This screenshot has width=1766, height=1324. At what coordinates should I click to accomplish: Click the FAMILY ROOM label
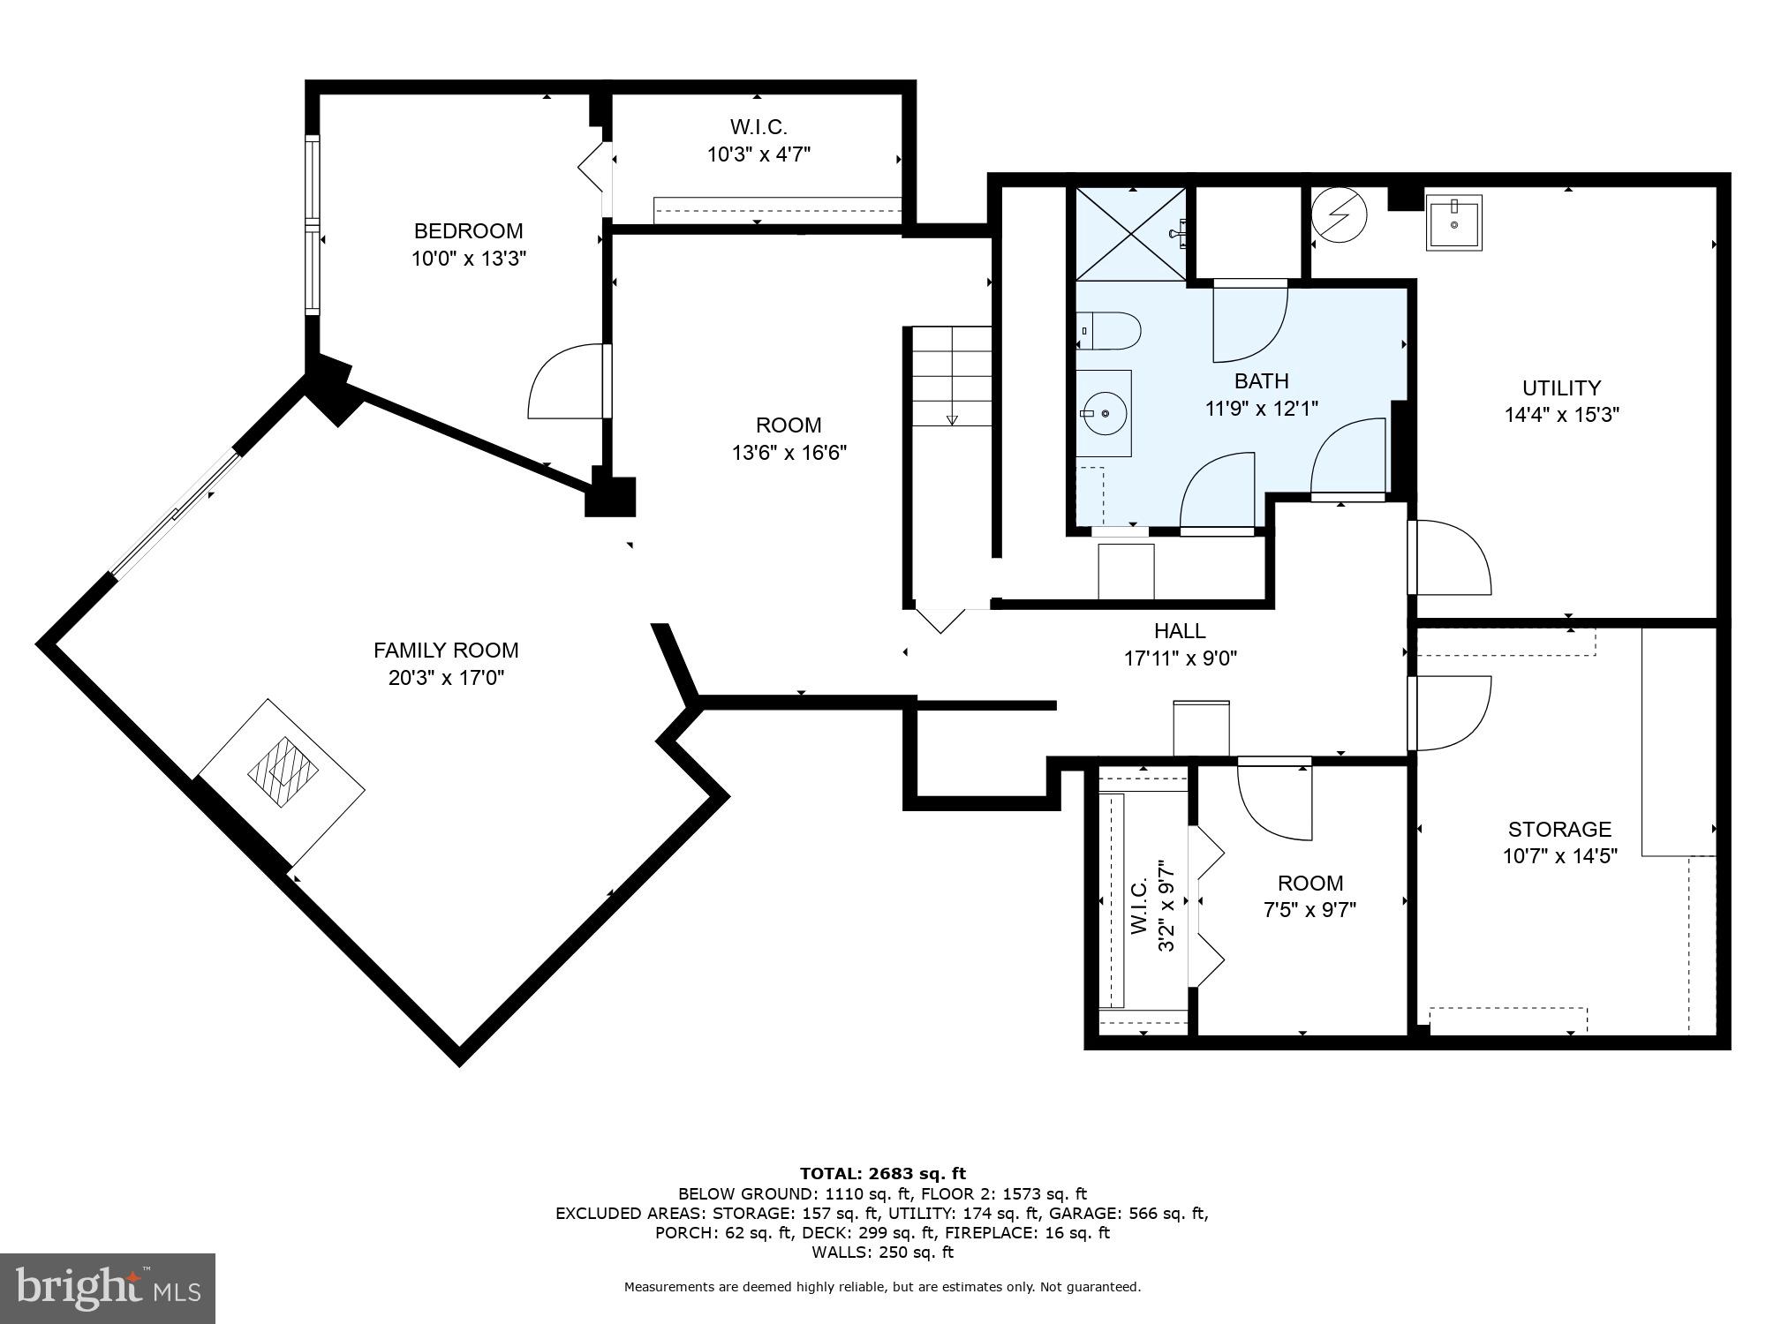(x=446, y=651)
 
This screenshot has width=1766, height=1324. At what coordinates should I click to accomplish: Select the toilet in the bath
(x=1111, y=331)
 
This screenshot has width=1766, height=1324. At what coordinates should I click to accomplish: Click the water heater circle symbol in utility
(x=1339, y=214)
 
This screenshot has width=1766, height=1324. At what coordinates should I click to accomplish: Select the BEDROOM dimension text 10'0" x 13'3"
(x=469, y=259)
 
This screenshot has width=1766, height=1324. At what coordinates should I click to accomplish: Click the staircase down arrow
(x=952, y=419)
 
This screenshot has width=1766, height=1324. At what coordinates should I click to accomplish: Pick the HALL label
(x=1180, y=631)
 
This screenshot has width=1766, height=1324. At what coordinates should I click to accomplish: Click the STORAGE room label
(x=1559, y=829)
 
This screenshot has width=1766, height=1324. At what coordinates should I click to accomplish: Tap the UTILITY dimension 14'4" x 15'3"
(x=1561, y=415)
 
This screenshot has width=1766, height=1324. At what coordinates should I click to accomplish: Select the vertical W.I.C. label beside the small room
(x=1138, y=906)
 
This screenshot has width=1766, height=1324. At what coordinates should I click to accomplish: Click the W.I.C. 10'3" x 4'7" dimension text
(x=758, y=154)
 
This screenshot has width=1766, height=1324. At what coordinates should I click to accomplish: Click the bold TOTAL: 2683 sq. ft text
(x=882, y=1173)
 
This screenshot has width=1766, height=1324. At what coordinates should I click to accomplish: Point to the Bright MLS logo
(x=108, y=1290)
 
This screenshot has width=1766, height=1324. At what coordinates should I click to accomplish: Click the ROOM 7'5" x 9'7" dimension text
(x=1309, y=910)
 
